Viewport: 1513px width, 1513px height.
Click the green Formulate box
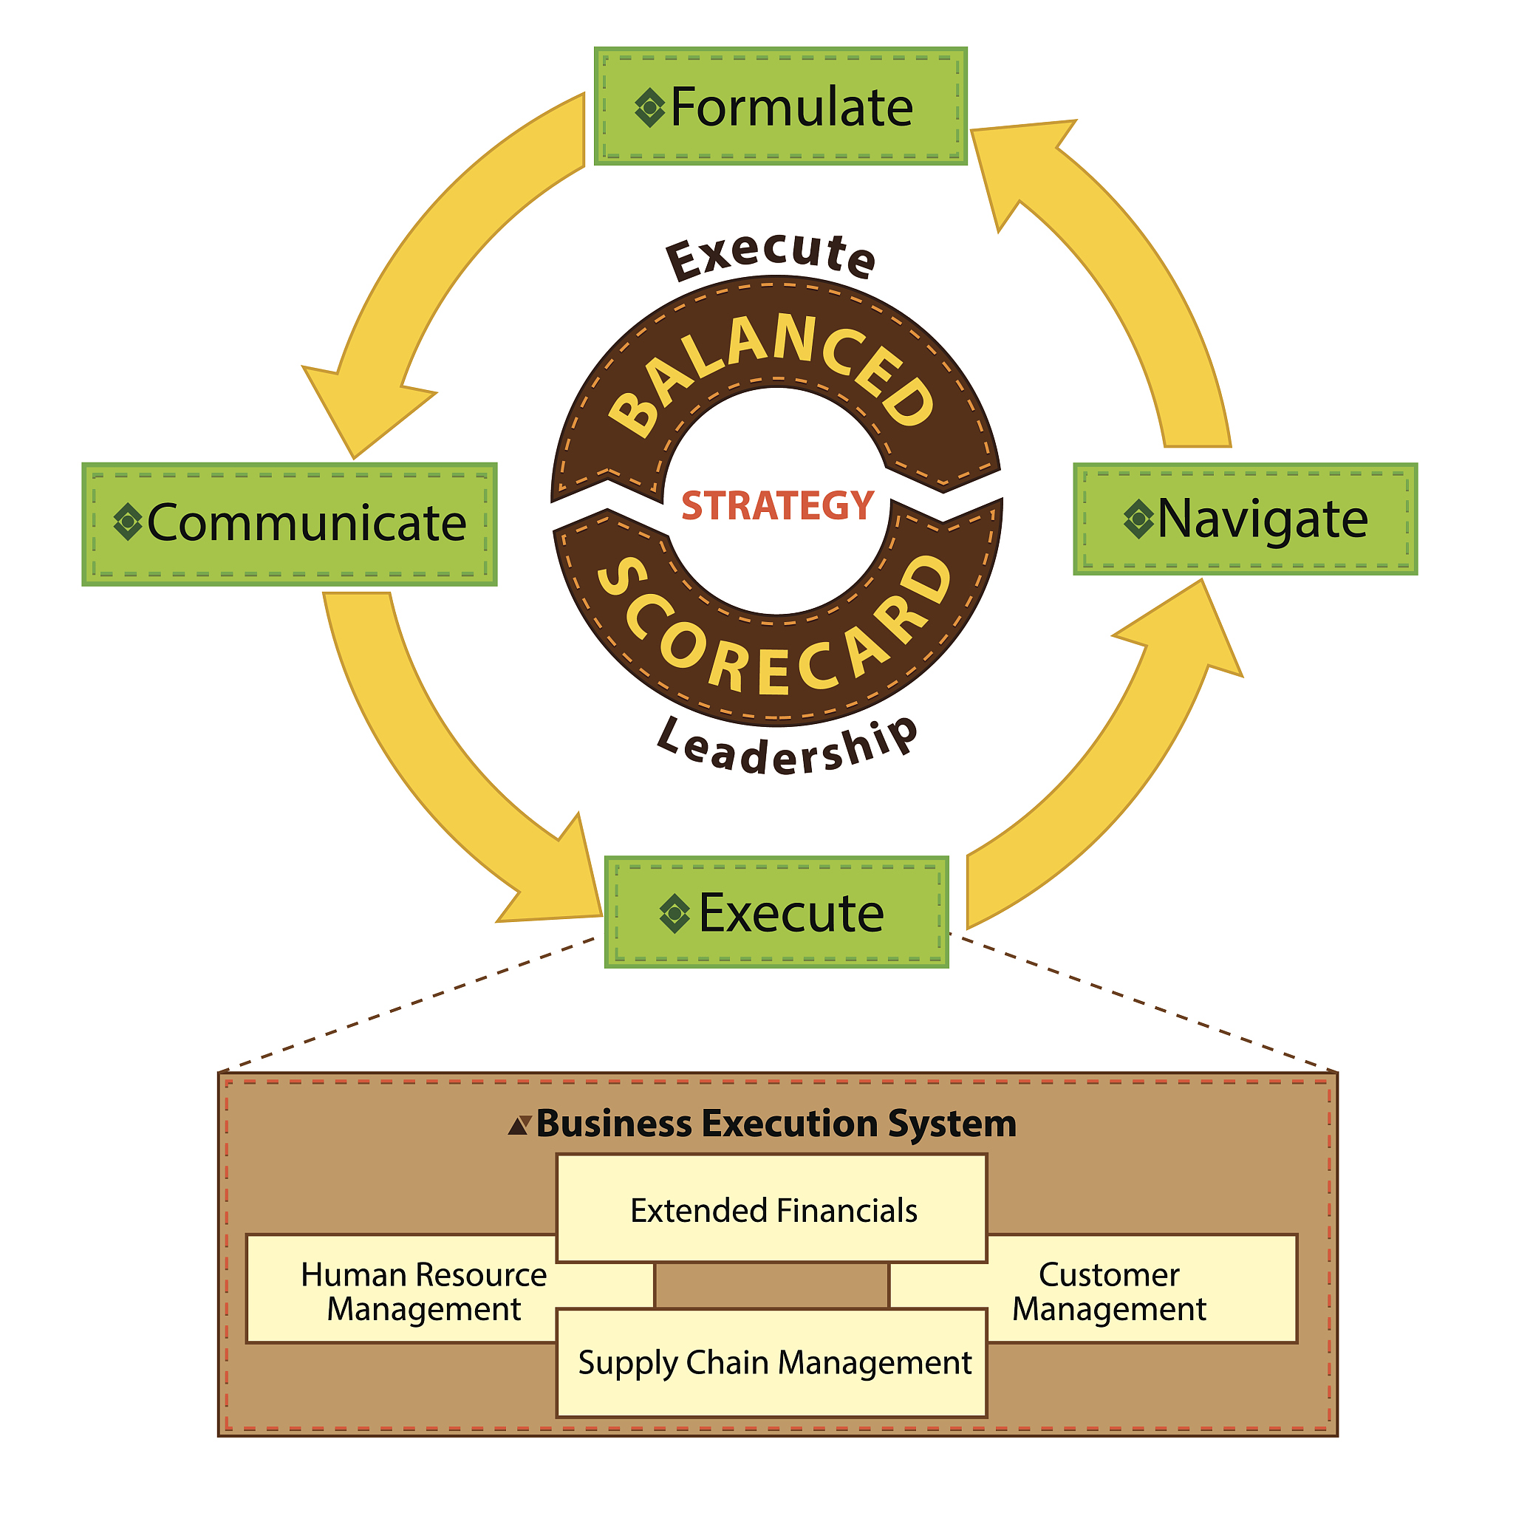[x=780, y=106]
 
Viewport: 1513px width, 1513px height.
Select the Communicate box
[x=289, y=524]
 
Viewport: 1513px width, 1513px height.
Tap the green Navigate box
[x=1244, y=519]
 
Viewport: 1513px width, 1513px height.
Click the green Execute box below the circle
[x=776, y=912]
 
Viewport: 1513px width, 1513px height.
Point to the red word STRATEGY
[x=777, y=505]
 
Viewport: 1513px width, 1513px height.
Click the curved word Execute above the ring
[x=771, y=255]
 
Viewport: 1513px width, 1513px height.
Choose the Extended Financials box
[x=771, y=1210]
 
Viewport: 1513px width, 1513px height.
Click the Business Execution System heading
[x=775, y=1124]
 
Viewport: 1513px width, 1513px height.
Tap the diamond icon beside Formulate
[x=649, y=108]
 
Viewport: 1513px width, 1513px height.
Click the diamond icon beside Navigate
[x=1138, y=519]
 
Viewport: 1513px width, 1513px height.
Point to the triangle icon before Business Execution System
[x=519, y=1125]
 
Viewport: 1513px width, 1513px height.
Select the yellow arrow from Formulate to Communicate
[x=439, y=259]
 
